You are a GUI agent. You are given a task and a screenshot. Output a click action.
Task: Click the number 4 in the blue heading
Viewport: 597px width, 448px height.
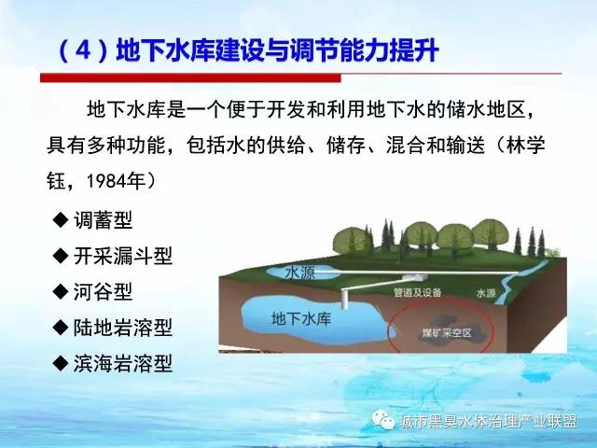coord(83,49)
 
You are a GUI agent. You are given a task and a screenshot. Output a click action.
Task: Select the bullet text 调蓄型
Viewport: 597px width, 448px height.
coord(104,220)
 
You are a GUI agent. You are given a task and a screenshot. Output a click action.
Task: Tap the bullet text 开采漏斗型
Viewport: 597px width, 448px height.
coord(123,256)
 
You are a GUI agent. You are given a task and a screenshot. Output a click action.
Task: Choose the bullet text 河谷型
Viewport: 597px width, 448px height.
coord(104,292)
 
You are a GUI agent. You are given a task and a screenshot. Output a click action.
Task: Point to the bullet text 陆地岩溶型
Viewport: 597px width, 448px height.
coord(123,328)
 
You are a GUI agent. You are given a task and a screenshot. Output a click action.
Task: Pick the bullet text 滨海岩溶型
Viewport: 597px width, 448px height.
coord(123,363)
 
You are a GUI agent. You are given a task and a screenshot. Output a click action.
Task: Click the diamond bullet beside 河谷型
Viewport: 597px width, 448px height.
coord(61,292)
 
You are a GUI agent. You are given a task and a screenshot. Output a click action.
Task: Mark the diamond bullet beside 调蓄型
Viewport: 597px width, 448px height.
coord(61,220)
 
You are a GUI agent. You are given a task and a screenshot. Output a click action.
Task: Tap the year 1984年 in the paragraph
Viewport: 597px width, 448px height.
coord(116,181)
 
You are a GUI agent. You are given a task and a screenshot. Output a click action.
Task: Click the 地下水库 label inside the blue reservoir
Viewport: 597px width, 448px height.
coord(301,318)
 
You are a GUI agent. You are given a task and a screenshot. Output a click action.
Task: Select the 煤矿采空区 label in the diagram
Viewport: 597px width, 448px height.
coord(447,333)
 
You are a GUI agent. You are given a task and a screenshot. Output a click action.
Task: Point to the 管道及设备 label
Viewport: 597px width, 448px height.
coord(417,292)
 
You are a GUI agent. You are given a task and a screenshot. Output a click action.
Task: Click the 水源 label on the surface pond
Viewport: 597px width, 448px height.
coord(299,273)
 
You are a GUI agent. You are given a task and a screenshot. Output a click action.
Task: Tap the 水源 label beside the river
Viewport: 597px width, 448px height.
coord(486,293)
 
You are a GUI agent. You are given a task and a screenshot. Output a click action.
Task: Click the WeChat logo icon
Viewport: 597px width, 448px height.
coord(382,420)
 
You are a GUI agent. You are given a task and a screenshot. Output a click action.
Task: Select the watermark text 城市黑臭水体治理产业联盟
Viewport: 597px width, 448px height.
coord(489,421)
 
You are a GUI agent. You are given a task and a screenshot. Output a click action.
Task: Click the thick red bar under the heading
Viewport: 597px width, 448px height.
coord(190,77)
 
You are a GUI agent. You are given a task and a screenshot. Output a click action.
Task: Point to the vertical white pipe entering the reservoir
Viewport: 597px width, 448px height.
coord(345,299)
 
